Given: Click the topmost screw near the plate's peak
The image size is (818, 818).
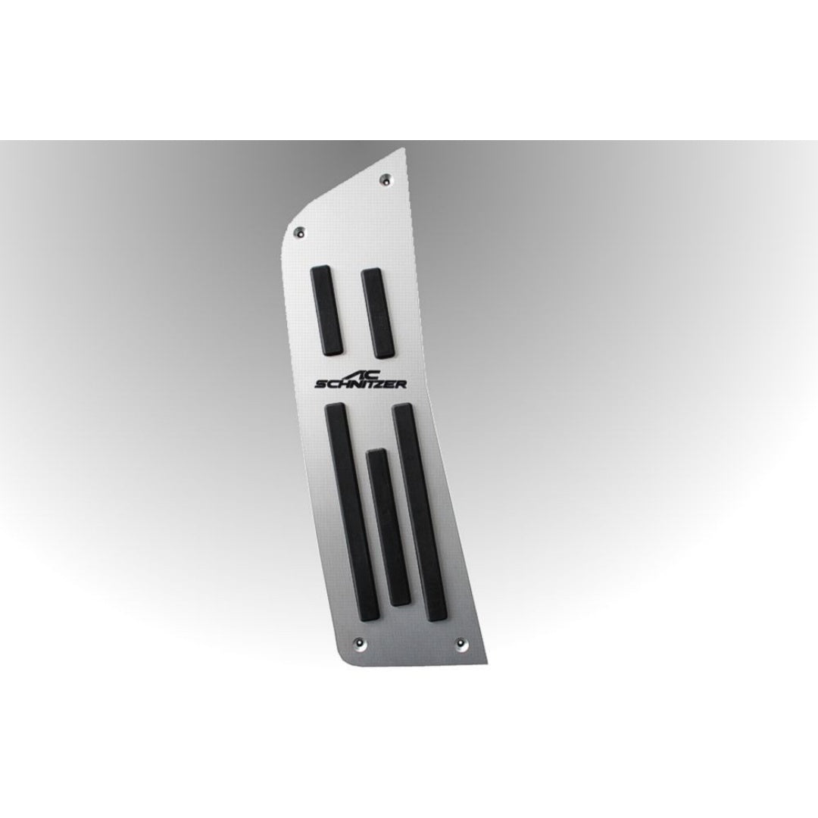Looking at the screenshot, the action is click(x=386, y=179).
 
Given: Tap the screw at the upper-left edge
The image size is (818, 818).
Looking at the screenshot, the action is click(x=299, y=230).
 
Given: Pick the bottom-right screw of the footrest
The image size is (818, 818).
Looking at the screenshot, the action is click(x=461, y=642).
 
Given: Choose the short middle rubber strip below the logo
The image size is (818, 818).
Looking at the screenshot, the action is click(x=389, y=527).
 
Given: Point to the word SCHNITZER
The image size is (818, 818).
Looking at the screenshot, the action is click(x=361, y=384).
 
